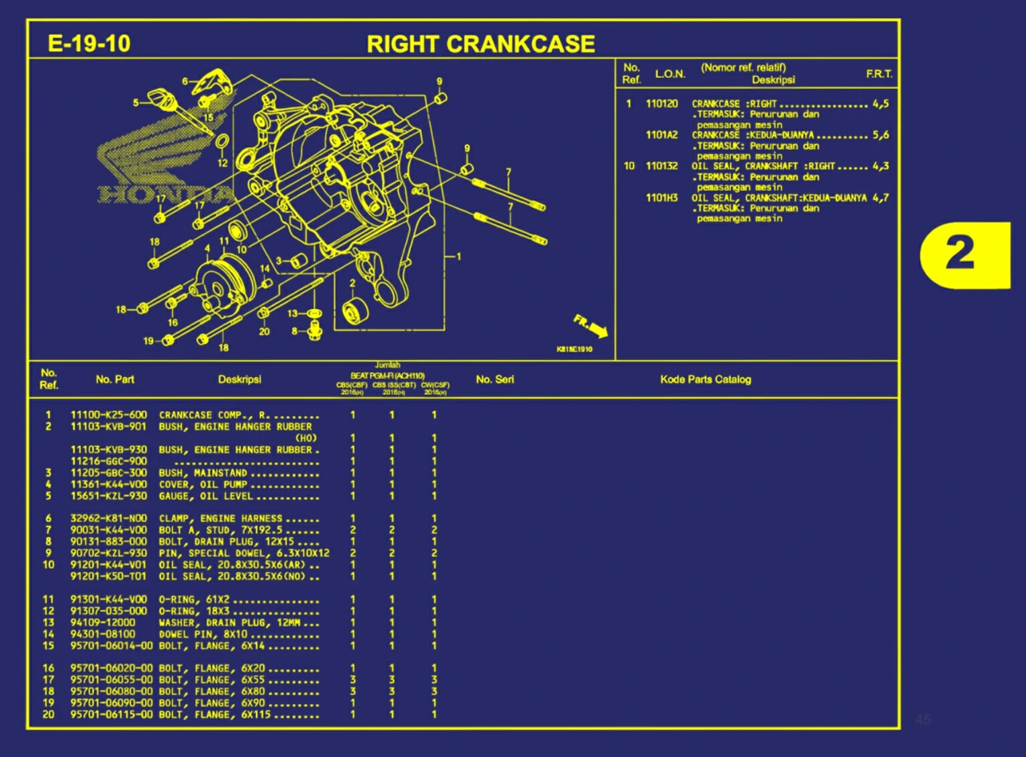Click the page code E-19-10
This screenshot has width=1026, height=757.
(x=89, y=44)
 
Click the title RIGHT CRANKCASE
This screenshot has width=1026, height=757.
(x=480, y=44)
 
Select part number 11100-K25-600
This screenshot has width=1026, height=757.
(x=108, y=415)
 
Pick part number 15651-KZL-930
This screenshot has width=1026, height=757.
(x=108, y=496)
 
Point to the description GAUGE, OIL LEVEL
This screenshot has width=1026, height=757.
(x=205, y=496)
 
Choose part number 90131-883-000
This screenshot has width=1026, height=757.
(x=108, y=541)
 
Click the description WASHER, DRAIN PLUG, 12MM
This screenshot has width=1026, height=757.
(x=229, y=623)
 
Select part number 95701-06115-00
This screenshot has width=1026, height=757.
(x=111, y=715)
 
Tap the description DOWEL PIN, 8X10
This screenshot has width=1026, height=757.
(x=203, y=634)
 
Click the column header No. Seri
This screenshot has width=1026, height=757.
(x=495, y=380)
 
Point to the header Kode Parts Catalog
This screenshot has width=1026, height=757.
(x=705, y=380)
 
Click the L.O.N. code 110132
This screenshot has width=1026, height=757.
(x=661, y=166)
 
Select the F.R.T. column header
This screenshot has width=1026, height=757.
(x=879, y=74)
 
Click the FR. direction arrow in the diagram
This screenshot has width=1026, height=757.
(x=590, y=325)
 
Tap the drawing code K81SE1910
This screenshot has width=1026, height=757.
(x=574, y=349)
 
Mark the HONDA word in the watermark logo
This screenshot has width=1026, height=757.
(x=165, y=195)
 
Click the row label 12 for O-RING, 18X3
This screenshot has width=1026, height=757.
(x=48, y=611)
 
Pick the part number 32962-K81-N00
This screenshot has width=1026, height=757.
(x=108, y=519)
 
